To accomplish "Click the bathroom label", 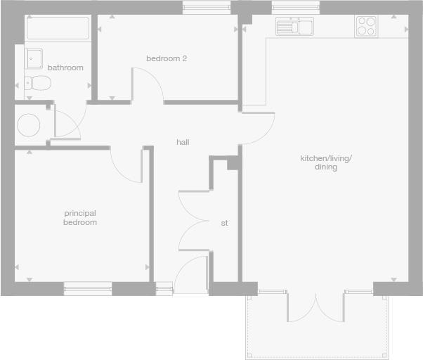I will coord(65,68).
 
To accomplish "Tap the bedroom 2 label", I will coord(167,59).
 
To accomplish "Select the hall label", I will coord(183,142).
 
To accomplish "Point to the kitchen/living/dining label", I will coord(326,162).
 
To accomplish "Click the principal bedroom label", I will coord(79,217).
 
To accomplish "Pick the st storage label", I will coord(225,223).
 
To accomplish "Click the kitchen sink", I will coord(295,27).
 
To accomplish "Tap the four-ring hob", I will coord(366,26).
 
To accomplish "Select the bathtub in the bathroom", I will coord(58,29).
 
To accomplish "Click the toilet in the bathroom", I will coord(38,83).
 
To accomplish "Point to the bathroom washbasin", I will coord(34,57).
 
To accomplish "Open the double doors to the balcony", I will coord(316,306).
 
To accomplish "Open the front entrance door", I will coord(191,276).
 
